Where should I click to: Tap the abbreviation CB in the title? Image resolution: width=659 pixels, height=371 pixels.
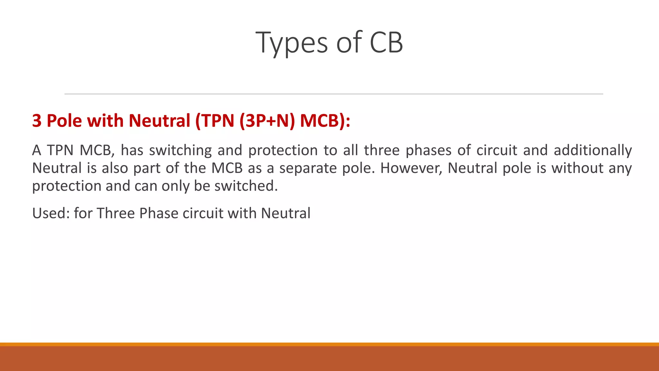tap(386, 43)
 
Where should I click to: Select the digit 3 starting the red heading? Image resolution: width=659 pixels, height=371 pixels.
tap(37, 121)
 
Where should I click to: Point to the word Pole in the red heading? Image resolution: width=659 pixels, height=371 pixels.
tap(64, 121)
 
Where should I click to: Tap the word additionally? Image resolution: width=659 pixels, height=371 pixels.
tap(593, 150)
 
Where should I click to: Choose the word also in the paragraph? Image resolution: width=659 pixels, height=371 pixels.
tap(115, 168)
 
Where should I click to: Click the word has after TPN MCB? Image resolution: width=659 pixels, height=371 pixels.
tap(132, 150)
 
